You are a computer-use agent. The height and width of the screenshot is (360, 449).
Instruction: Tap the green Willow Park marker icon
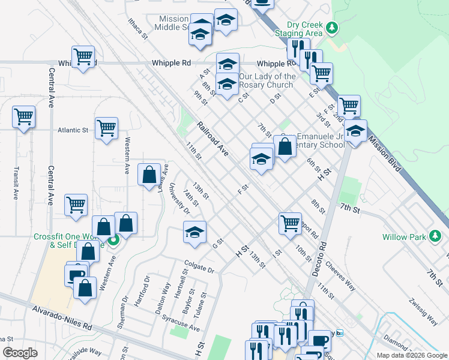point(436,236)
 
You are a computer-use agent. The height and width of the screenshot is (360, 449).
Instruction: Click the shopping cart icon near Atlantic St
point(106,128)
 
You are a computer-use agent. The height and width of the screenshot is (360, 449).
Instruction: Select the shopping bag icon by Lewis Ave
point(149,175)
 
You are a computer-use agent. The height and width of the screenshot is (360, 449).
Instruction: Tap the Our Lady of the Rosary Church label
point(267,80)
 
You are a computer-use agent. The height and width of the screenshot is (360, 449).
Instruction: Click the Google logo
point(20,353)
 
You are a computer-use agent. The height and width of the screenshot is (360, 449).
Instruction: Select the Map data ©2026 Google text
point(411,355)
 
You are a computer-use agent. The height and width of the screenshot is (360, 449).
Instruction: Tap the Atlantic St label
point(73,130)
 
